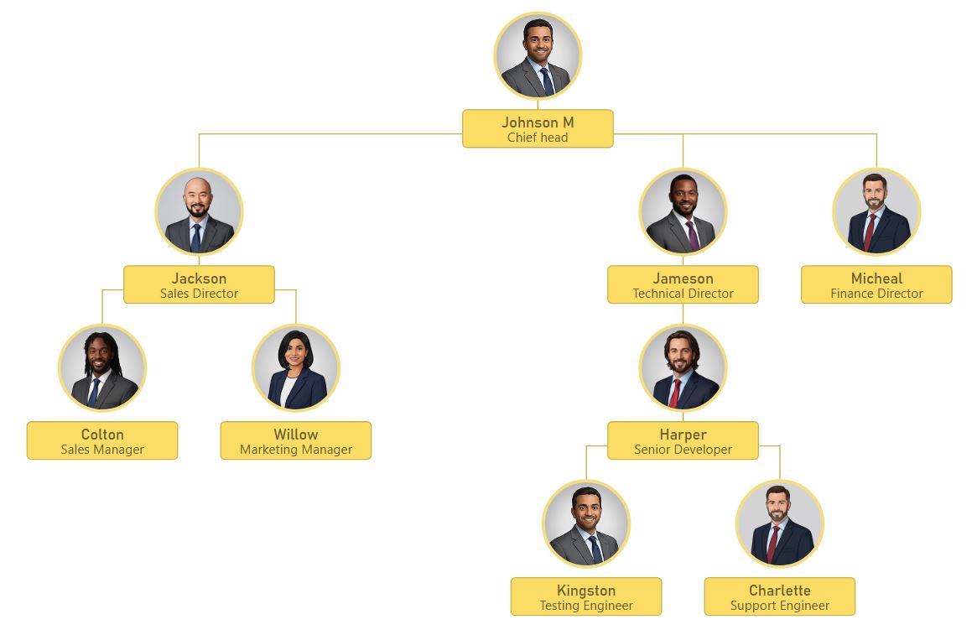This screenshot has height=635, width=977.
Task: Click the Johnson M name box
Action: [538, 128]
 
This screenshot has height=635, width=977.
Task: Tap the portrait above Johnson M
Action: [538, 56]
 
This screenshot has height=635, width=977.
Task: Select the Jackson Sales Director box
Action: [199, 284]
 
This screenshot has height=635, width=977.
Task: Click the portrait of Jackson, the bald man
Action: [199, 211]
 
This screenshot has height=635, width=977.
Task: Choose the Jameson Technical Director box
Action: [683, 284]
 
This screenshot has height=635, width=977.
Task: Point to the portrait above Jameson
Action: [683, 211]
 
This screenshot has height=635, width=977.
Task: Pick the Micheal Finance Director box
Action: [876, 284]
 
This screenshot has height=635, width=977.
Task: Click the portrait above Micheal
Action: [876, 211]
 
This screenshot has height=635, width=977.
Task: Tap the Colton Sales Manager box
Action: [102, 440]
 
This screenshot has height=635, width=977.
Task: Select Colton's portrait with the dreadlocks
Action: [102, 367]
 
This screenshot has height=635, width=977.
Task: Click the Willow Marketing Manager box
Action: [296, 440]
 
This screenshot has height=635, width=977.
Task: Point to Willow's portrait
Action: [296, 367]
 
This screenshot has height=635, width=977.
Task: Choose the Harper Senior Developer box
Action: [683, 440]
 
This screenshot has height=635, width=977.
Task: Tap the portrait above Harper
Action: [683, 367]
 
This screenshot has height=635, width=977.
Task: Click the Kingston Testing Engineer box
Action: [586, 596]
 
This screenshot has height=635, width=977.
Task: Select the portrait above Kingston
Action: [586, 523]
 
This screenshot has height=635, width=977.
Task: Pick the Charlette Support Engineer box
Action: [780, 596]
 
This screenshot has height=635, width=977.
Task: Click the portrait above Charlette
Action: [780, 523]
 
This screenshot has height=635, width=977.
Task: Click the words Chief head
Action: [538, 138]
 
